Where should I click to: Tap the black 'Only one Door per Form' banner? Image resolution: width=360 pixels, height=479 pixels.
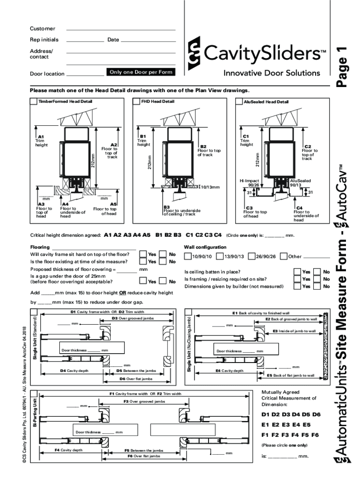(141, 72)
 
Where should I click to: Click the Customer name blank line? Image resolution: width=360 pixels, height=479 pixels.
(121, 29)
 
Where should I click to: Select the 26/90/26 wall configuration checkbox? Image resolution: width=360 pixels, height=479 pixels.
(252, 256)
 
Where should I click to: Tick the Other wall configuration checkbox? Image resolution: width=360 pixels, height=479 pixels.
(284, 256)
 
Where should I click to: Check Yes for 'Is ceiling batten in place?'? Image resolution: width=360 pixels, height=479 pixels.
(297, 272)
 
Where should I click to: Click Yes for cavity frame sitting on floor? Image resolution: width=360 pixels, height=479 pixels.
(143, 254)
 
